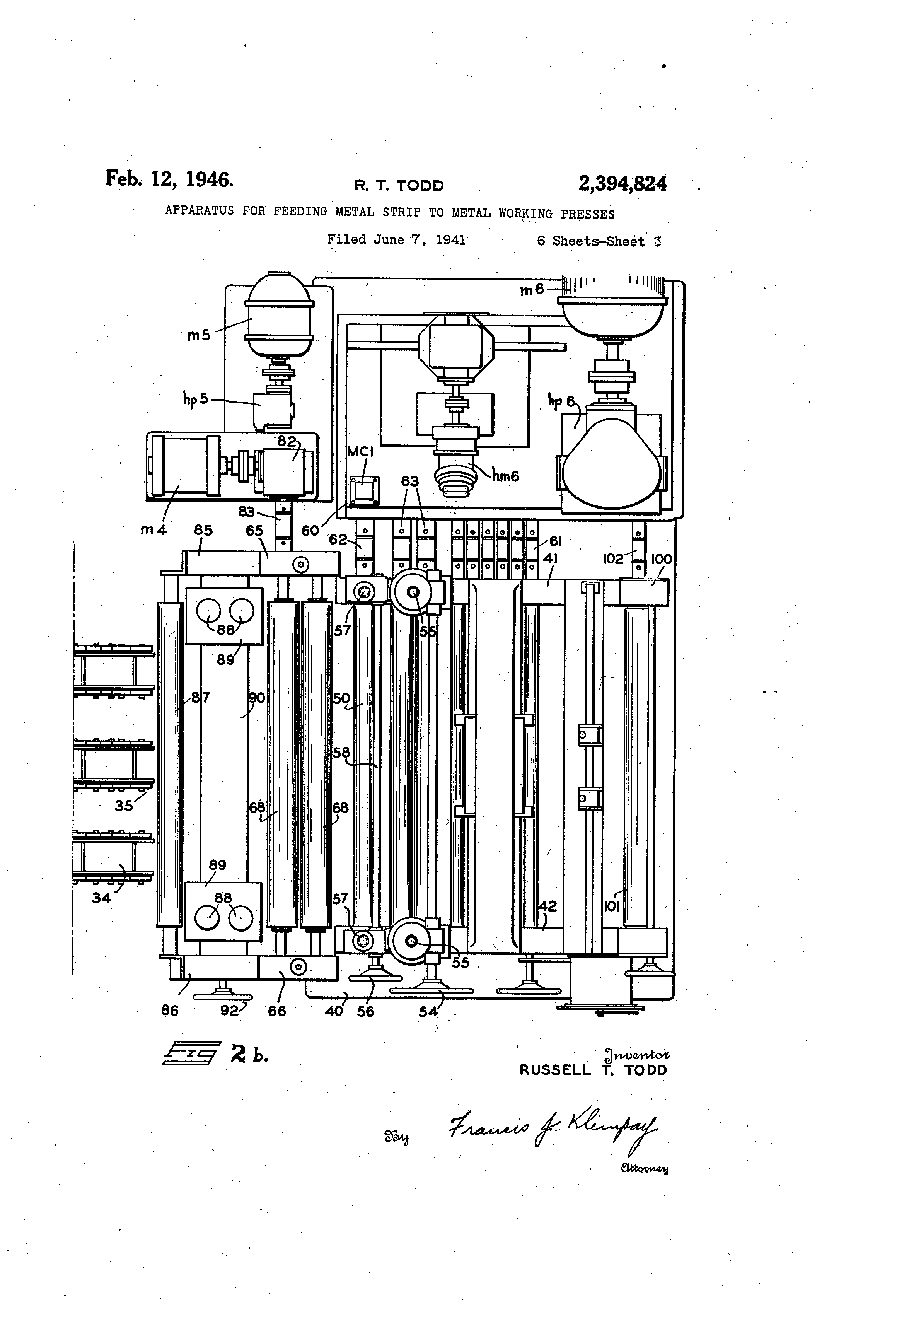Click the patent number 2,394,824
622,184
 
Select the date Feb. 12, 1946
169,179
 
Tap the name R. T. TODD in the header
399,186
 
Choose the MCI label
360,451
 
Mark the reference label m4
153,530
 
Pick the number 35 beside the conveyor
124,805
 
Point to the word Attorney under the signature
645,1168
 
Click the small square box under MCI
363,490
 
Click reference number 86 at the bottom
169,1010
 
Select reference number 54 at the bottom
428,1011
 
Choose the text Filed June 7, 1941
396,240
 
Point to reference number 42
547,906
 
